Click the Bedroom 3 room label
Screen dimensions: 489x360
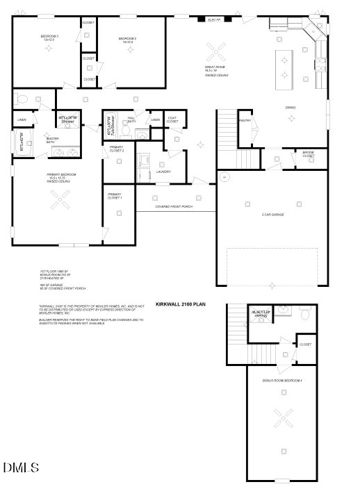(x=49, y=38)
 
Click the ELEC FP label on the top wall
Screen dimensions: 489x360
(x=214, y=20)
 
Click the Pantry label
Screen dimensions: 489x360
(x=245, y=121)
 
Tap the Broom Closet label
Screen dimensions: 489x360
(x=307, y=155)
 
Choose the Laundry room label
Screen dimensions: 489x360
(x=163, y=172)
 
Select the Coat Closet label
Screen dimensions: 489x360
(x=172, y=121)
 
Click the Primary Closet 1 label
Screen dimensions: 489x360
(x=115, y=197)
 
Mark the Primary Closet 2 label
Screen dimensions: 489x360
(x=117, y=149)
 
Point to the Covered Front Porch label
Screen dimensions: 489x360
(x=174, y=207)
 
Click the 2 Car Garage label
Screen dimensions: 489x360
(x=272, y=215)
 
